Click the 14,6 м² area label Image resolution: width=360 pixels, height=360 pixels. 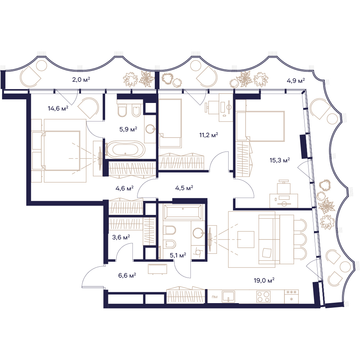pos(58,108)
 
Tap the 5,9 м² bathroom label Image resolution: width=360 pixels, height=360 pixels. pos(128,129)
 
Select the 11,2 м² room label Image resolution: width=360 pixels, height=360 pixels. pos(208,135)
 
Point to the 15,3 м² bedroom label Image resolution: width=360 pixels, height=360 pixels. pos(280,160)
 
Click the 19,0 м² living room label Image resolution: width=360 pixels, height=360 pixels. pos(264,280)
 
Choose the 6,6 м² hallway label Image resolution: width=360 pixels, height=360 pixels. pos(127,275)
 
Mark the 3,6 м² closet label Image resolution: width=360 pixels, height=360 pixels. pos(121,237)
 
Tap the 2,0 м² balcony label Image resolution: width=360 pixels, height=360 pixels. pos(81,80)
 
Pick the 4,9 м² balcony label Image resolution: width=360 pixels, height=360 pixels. pos(296,81)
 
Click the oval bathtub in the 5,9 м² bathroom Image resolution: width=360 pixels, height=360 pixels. pos(125,150)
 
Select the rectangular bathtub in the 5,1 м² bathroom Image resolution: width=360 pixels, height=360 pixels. pos(183,211)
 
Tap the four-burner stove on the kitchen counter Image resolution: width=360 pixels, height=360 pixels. pos(264,297)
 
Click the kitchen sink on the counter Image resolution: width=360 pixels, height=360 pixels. pos(229,296)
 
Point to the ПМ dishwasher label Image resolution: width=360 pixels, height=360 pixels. pos(215,297)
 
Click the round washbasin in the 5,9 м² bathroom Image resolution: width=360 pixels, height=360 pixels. pos(151,129)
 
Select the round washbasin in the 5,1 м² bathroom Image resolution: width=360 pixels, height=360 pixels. pos(198,233)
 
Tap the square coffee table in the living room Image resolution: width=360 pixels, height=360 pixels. pos(246,239)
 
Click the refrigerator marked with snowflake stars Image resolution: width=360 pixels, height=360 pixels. pos(291,296)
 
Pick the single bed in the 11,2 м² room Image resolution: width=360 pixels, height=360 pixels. pos(170,123)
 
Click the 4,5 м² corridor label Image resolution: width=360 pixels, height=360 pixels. pos(184,188)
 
